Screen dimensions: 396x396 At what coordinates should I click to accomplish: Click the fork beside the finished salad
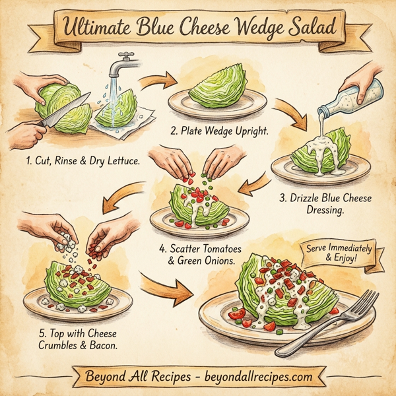[337, 323]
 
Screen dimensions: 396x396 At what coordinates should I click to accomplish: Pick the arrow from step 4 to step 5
[129, 198]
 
